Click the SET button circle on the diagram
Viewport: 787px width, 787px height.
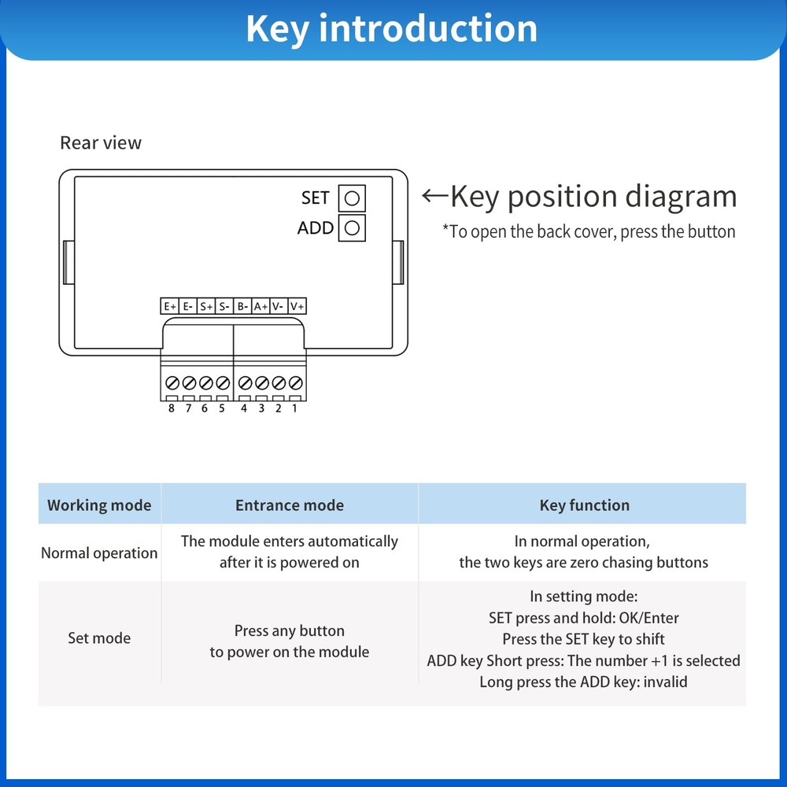(352, 198)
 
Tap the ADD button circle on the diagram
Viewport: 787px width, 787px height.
(352, 228)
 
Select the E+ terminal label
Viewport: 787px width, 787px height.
(169, 306)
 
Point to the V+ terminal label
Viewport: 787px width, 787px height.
(297, 306)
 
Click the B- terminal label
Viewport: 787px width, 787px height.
(242, 306)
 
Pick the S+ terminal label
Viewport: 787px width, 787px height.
(205, 306)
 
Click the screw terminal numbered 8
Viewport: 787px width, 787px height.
(172, 383)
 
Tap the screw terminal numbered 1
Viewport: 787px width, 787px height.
(296, 383)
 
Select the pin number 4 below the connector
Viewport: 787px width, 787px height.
(244, 408)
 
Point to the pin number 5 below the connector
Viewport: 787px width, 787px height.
(222, 408)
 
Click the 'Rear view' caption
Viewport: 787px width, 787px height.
(101, 143)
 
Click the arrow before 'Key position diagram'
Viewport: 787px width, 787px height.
(434, 196)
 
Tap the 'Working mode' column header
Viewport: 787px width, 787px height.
(99, 505)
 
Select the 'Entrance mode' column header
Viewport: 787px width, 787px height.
(290, 505)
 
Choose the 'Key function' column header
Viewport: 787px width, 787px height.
(584, 505)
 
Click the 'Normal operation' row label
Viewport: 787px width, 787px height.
(99, 553)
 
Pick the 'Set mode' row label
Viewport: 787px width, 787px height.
(99, 637)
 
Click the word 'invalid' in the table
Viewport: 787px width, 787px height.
(665, 682)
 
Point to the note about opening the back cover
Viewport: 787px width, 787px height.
(589, 232)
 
